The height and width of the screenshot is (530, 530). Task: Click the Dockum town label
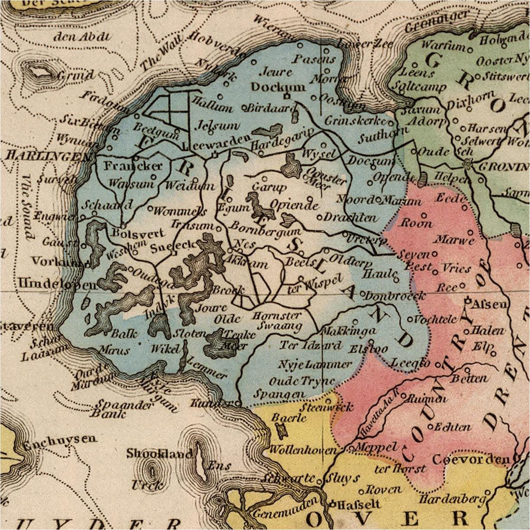point(278,87)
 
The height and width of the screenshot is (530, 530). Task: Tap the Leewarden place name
point(219,142)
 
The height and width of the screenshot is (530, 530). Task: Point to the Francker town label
point(133,166)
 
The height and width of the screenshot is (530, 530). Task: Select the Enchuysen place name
point(60,439)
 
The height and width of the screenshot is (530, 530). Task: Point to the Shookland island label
point(159,454)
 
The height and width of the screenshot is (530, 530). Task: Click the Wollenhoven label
point(302,450)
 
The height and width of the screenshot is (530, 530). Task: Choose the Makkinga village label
point(348,331)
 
